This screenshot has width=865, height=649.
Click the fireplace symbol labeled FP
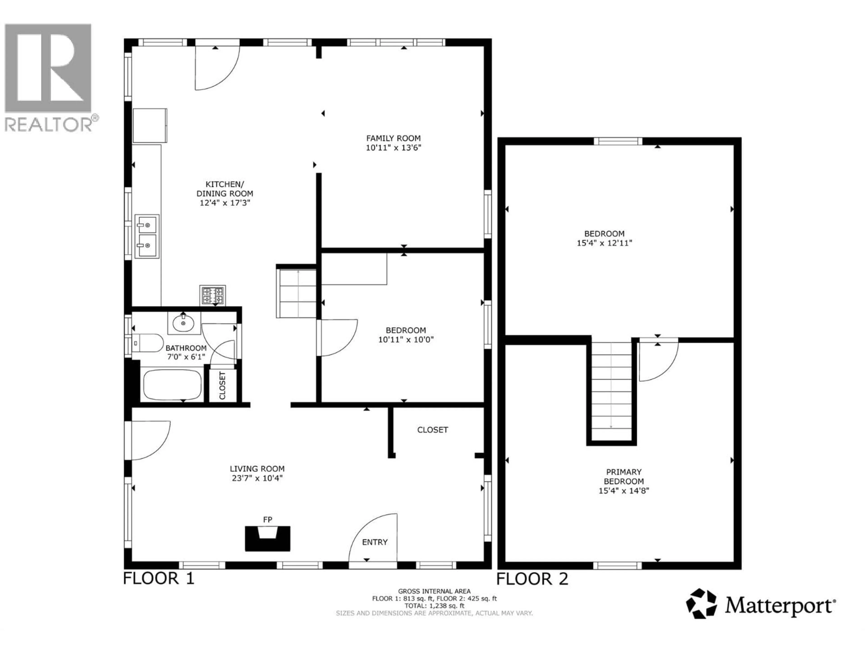(267, 538)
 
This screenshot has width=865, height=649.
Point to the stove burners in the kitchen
(212, 295)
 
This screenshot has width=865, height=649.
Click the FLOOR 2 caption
(532, 579)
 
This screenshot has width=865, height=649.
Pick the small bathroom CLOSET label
(223, 386)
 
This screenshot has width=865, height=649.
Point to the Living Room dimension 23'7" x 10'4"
(257, 478)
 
